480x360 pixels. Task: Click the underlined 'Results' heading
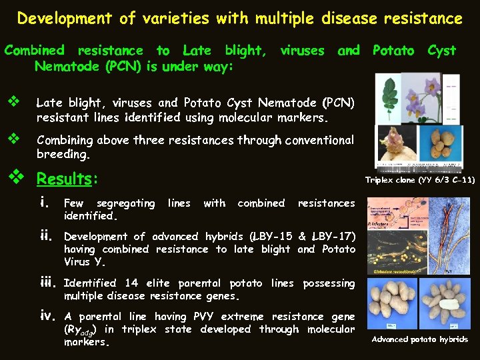(x=64, y=179)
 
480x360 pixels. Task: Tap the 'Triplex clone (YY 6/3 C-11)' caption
(x=420, y=180)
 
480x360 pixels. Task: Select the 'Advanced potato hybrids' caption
(x=420, y=340)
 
